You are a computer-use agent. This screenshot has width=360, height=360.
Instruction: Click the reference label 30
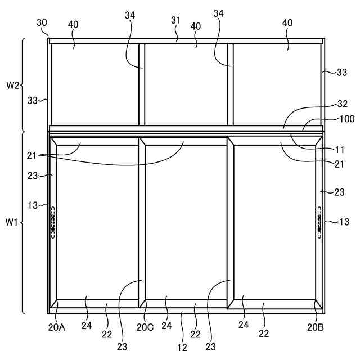(x=42, y=22)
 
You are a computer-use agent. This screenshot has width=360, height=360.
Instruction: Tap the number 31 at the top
(x=176, y=20)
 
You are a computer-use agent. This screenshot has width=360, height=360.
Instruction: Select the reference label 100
(x=347, y=119)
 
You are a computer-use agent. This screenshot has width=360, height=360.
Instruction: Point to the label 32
(x=343, y=103)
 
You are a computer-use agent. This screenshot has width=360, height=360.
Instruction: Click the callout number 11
(x=340, y=150)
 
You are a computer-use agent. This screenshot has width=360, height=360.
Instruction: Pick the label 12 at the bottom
(x=182, y=348)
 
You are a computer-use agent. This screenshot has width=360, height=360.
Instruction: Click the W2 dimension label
(x=13, y=85)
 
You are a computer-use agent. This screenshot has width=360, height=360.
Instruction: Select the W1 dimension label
(x=12, y=222)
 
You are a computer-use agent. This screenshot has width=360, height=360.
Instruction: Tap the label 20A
(x=56, y=327)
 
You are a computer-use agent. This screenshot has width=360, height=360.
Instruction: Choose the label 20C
(x=145, y=327)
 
